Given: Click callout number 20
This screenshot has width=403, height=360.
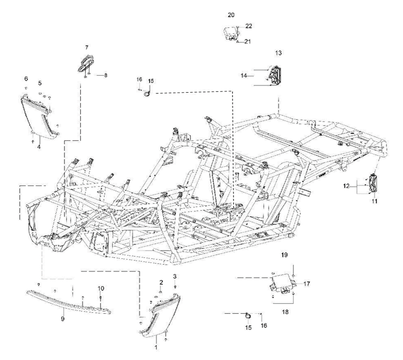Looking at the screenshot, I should (x=231, y=15).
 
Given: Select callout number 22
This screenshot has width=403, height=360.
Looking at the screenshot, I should (x=249, y=26).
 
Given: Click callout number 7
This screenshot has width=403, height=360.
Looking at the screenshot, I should (x=87, y=47).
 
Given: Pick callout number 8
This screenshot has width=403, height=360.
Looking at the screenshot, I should (x=105, y=75).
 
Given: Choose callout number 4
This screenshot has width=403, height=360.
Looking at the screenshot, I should (x=39, y=147).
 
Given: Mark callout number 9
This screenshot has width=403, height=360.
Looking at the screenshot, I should (x=63, y=319).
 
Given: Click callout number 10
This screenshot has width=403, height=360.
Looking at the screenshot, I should (x=101, y=288).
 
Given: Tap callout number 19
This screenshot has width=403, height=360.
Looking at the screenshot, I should (x=284, y=255).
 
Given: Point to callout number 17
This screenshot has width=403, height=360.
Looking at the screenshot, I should (x=307, y=284).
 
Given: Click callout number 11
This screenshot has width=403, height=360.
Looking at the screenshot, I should (x=374, y=201).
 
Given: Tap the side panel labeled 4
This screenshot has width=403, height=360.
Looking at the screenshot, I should (x=40, y=114).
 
